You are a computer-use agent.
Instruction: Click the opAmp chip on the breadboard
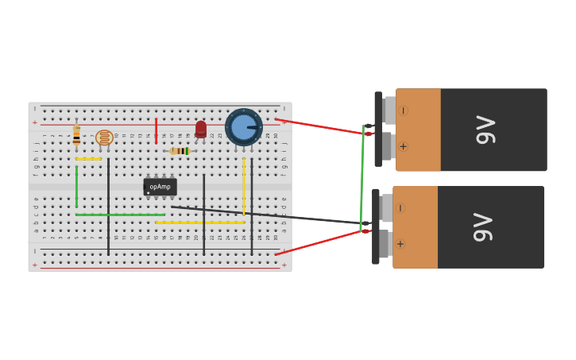click(160, 188)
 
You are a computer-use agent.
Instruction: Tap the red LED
click(201, 129)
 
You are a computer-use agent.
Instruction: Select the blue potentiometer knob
click(243, 127)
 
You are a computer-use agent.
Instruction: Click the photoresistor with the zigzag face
click(104, 137)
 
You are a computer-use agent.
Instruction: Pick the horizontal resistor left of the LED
click(180, 150)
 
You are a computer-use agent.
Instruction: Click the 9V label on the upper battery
click(485, 130)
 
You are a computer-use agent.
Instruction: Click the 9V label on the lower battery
click(483, 226)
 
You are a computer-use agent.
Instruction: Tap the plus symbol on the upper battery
click(403, 146)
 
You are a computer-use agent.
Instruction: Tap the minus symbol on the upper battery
click(403, 110)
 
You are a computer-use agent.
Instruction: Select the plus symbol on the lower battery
click(400, 244)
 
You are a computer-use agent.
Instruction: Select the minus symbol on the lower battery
click(400, 208)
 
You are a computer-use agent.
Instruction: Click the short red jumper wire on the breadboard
click(156, 130)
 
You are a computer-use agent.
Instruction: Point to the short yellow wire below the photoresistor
click(88, 159)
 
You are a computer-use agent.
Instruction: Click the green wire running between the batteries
click(361, 179)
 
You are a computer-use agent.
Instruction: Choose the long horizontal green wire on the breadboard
click(120, 215)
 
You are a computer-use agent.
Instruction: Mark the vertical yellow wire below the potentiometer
click(244, 187)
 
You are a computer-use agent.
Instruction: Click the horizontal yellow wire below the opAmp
click(199, 223)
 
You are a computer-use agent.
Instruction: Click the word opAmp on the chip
click(160, 187)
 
